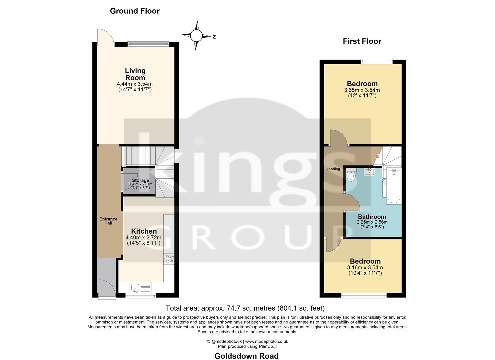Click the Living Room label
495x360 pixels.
(x=135, y=74)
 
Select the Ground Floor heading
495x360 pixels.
(x=135, y=11)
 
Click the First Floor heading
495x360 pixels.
(x=362, y=41)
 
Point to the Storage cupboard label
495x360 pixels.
(x=140, y=180)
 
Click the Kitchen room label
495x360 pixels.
(x=144, y=231)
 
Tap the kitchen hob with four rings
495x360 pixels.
(x=169, y=259)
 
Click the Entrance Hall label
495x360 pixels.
(x=108, y=221)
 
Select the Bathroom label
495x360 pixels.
(x=372, y=217)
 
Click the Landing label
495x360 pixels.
(x=333, y=169)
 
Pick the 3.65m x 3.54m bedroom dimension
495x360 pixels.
(x=362, y=90)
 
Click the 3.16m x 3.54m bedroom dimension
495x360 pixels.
(x=365, y=267)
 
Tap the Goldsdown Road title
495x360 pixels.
(x=246, y=356)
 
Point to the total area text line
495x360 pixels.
(x=245, y=308)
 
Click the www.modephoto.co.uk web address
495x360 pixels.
(x=266, y=341)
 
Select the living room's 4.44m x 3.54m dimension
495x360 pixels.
(x=135, y=84)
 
